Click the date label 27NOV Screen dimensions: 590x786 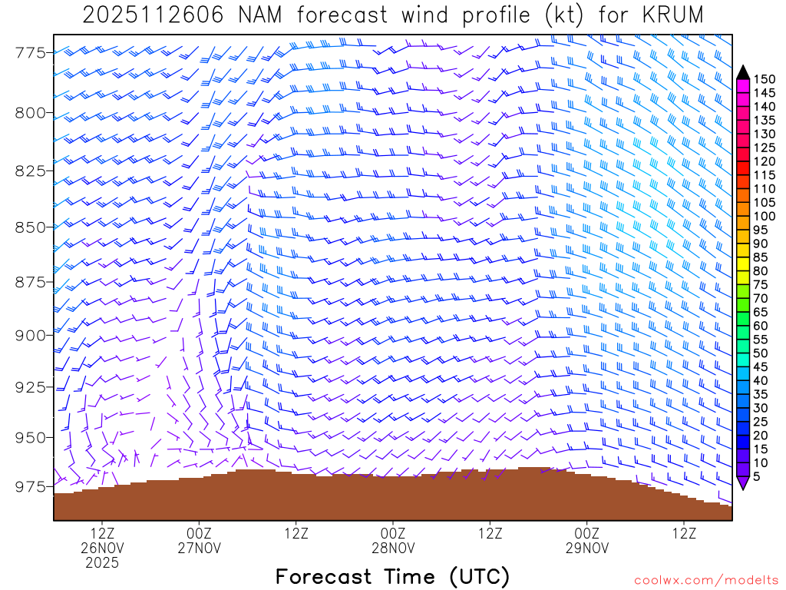point(199,548)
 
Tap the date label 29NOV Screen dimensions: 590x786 point(586,548)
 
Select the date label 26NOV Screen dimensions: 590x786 point(102,548)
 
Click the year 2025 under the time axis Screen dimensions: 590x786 point(102,563)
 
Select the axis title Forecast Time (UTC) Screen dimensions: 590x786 point(392,576)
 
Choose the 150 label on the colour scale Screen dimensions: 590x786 point(765,78)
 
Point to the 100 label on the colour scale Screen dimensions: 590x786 point(765,216)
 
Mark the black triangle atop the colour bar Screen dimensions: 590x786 point(743,72)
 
